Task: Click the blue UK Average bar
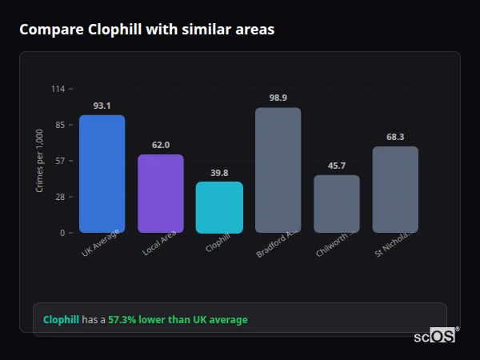click(102, 174)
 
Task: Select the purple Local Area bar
click(161, 194)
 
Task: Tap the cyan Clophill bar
click(219, 207)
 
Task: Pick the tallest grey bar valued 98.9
click(278, 170)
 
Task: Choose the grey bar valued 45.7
click(337, 204)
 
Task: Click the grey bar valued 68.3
click(395, 190)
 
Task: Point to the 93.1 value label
click(102, 106)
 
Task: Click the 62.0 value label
click(161, 145)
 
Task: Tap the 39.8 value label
click(219, 173)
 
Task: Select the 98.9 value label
click(278, 98)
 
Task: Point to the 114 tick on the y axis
click(58, 89)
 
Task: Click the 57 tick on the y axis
click(60, 161)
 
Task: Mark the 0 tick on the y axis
click(62, 233)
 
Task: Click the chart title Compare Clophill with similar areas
click(146, 30)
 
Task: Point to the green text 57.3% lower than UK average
click(178, 320)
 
